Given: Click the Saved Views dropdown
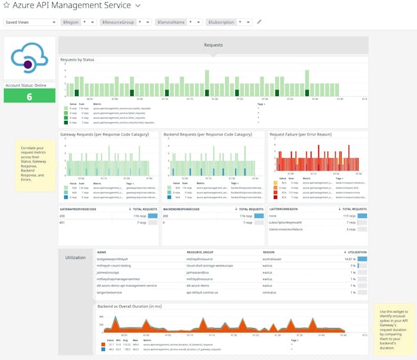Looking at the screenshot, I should point(30,22).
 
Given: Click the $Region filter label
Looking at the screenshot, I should point(71,22).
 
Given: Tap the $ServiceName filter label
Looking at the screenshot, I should point(171,22).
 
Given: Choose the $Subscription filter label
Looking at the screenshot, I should point(221,22).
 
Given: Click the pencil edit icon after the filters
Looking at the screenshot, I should point(260,22).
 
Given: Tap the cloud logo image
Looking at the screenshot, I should point(29,58).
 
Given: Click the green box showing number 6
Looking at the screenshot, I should point(29,97).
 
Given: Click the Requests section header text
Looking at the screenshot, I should point(213,45).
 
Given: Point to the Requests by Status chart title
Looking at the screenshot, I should point(77,59).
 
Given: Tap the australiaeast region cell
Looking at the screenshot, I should point(275,258).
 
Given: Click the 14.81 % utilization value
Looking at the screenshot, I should point(349,258).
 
